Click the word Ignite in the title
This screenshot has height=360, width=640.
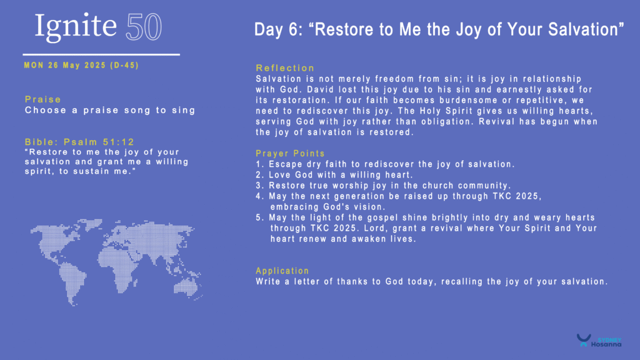coord(76,27)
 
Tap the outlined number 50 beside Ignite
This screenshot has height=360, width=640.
coord(144,27)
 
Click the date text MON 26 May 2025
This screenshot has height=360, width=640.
coord(65,65)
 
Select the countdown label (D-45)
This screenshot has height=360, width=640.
coord(124,65)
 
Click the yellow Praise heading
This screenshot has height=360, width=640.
coord(43,99)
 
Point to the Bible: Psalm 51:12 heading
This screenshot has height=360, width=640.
coord(79,142)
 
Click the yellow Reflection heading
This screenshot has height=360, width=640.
coord(285,67)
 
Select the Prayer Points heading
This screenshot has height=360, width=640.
coord(290,154)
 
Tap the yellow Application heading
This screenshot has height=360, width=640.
coord(282,271)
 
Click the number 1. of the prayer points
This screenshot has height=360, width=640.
coord(261,164)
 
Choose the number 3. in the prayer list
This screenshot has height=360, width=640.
coord(261,185)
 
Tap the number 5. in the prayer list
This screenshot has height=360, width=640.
coord(261,217)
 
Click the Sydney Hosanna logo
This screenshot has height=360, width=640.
coord(599,341)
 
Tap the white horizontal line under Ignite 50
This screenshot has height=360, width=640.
coord(101,54)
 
